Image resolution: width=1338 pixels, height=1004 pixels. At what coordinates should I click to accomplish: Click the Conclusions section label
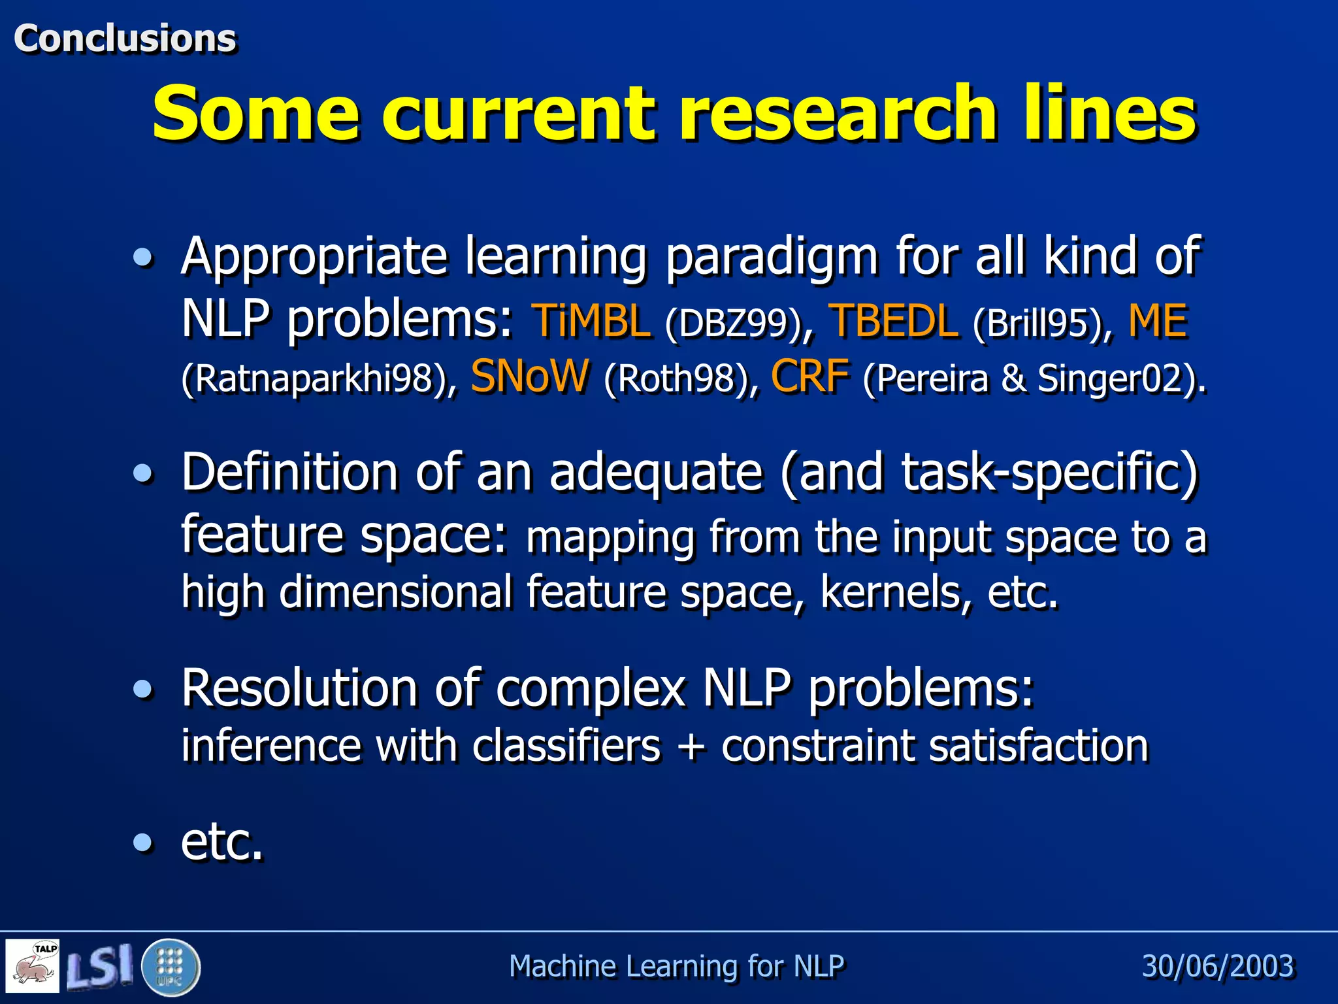[125, 38]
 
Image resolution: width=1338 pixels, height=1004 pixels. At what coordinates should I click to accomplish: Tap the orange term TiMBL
[592, 322]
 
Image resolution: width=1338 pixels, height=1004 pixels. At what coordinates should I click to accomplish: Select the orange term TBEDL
[893, 322]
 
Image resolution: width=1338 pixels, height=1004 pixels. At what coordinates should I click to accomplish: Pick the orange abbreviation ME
[1158, 322]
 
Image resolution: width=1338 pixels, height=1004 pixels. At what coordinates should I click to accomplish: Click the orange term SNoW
[529, 376]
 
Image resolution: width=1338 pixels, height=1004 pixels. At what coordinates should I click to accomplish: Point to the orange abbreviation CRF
[810, 377]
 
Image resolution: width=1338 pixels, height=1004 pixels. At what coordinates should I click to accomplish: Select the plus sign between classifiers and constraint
[691, 746]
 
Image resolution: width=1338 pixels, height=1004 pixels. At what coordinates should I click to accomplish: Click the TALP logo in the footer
[33, 965]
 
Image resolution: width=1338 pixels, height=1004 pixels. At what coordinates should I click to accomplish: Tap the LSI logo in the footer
[100, 966]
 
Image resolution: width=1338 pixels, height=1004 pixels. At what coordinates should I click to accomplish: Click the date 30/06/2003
[1217, 966]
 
